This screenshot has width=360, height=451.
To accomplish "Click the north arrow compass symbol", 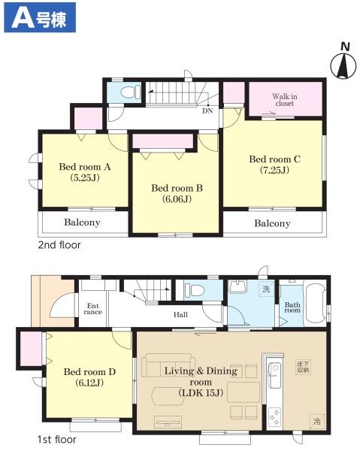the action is click(343, 66).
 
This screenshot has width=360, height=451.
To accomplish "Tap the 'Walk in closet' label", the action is click(285, 100).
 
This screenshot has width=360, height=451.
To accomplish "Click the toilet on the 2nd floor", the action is click(130, 92).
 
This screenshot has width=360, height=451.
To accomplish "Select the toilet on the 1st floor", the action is click(195, 289).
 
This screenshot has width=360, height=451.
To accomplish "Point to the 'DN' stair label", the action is click(207, 110).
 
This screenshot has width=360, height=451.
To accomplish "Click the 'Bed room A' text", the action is click(85, 167).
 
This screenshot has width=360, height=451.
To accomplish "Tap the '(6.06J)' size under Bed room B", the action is click(177, 199).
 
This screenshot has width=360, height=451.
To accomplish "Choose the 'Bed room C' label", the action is click(274, 159).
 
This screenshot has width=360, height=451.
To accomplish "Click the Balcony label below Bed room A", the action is click(82, 222).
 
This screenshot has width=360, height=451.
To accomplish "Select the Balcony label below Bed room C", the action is click(272, 223).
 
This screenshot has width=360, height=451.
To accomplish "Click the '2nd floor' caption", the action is click(59, 245).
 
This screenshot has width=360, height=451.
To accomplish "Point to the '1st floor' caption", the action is click(57, 440).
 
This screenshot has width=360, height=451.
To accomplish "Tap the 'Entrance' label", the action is click(93, 309).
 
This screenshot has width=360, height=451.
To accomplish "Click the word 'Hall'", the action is click(180, 315).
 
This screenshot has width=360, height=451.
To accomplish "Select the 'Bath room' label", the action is click(292, 307).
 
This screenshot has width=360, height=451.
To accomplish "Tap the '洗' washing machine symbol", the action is click(266, 289).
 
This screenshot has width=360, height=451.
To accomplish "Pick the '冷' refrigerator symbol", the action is click(317, 422).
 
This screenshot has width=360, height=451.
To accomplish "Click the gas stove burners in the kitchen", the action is click(274, 416).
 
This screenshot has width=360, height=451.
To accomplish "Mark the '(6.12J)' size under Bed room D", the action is click(89, 383).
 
